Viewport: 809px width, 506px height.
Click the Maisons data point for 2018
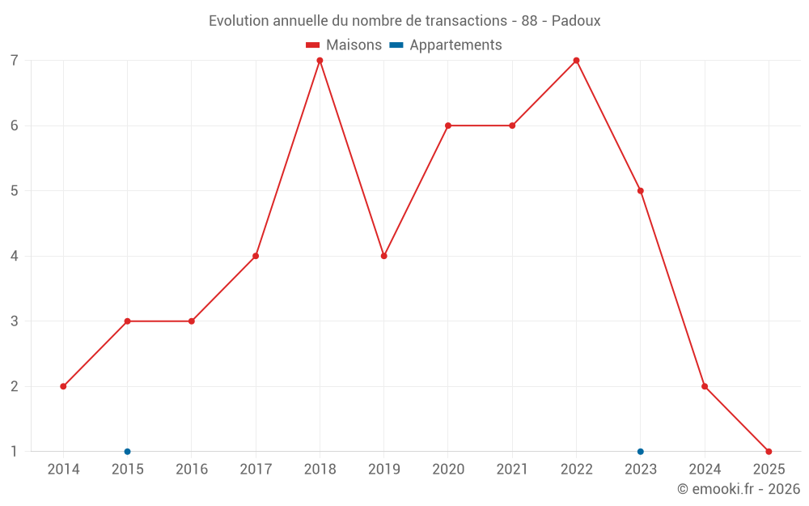320,61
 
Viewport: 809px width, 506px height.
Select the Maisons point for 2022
576,61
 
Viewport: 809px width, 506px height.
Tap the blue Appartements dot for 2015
127,451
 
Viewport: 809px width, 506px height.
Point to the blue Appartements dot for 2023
641,451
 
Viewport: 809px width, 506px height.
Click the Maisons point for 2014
63,386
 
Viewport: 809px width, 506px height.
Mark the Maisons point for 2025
769,451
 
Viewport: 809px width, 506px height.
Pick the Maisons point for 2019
383,256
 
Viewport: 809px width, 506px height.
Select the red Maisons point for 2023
641,191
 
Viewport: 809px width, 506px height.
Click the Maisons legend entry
344,45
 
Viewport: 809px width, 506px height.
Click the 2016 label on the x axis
192,470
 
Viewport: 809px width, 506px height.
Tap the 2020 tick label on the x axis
448,470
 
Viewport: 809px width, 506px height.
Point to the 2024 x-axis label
705,470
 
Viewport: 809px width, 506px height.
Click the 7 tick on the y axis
15,61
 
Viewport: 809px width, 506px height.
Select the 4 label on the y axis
15,256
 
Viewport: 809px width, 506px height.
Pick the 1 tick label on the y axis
15,451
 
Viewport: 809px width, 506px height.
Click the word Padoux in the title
576,21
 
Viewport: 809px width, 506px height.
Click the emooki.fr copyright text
739,489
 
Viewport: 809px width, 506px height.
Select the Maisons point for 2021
512,125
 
